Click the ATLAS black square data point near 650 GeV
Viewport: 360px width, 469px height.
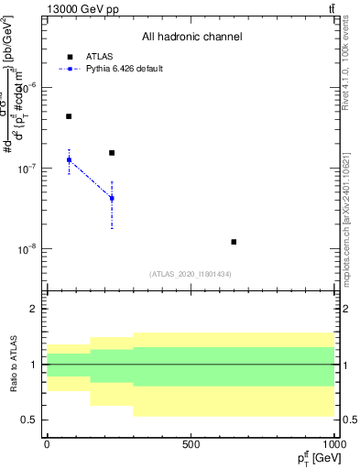tap(234, 242)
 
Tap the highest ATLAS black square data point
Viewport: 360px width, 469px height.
tap(69, 116)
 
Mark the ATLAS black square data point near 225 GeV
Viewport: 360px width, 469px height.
tap(112, 153)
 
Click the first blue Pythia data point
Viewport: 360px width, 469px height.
tap(69, 160)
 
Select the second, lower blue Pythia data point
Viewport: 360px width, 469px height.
tap(112, 198)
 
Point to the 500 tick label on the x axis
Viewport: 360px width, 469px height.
tap(191, 444)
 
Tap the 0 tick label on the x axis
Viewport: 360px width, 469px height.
tap(47, 444)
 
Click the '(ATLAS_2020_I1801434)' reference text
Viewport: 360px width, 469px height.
tap(191, 274)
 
